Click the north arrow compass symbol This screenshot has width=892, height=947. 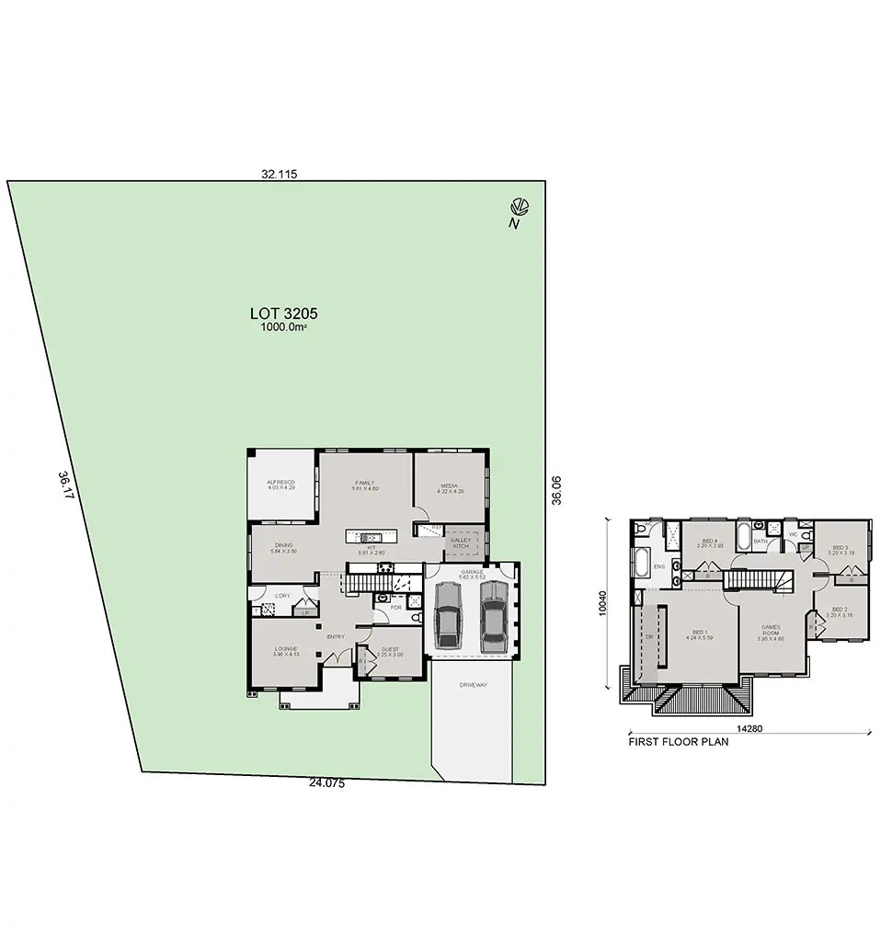[519, 207]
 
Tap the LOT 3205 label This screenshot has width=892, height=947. [283, 313]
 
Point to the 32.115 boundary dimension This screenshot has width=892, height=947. [277, 173]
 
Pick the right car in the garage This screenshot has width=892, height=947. [493, 613]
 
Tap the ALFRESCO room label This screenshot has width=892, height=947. [280, 484]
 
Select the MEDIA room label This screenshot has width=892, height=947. [449, 487]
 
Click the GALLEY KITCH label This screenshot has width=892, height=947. [460, 542]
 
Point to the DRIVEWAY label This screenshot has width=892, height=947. [473, 685]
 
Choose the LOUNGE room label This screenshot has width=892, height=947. [285, 650]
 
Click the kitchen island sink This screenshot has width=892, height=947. [371, 537]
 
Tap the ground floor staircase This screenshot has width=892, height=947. [372, 583]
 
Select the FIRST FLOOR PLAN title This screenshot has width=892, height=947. [677, 741]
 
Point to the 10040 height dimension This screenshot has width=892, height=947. [604, 602]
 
